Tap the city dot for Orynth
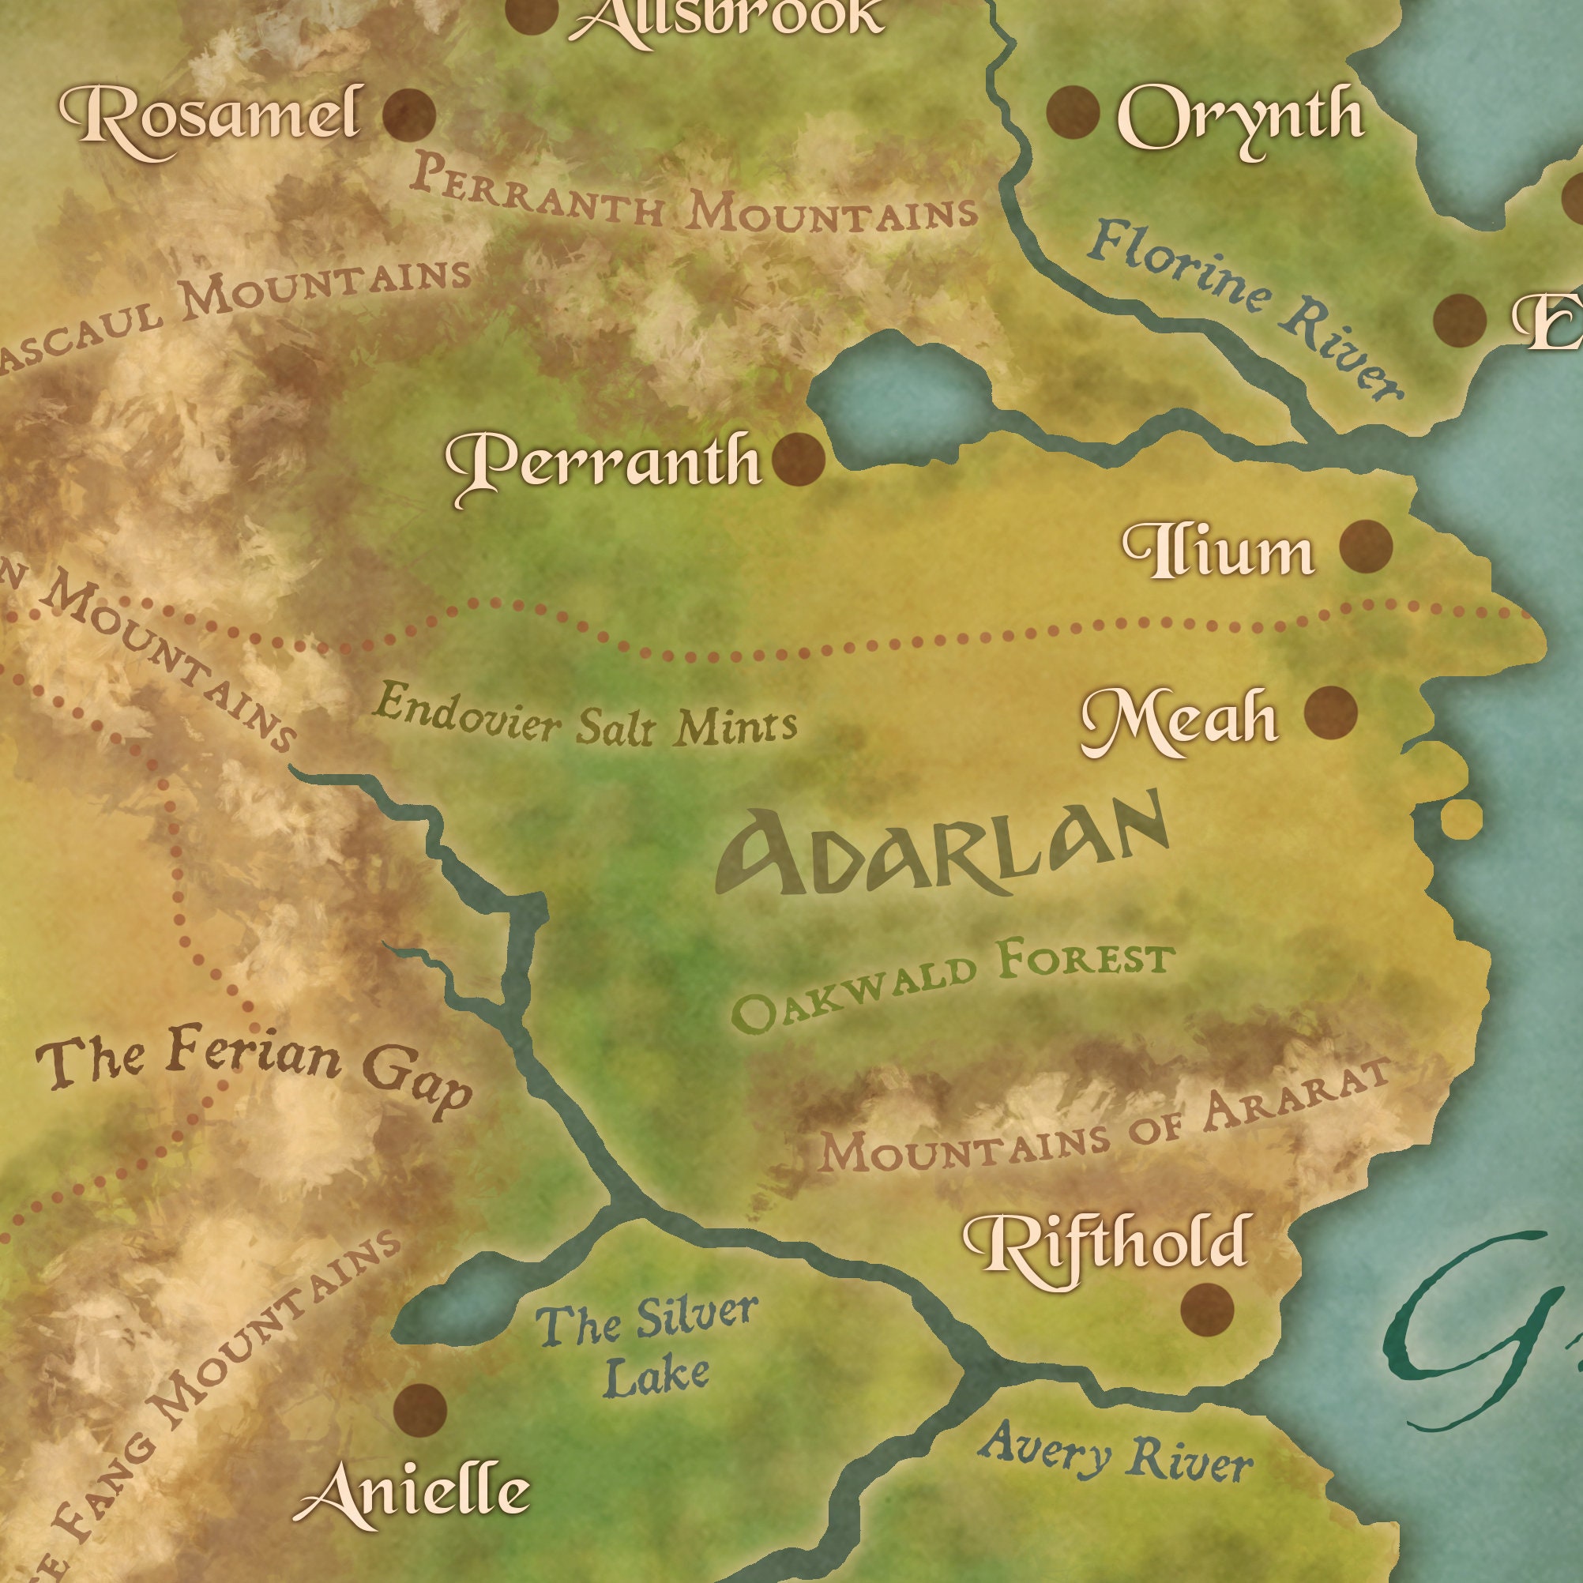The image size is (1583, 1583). click(1073, 111)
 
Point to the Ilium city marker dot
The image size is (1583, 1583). click(1366, 546)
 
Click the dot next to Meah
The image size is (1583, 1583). click(1331, 712)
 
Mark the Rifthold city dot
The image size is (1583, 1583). click(1207, 1309)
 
